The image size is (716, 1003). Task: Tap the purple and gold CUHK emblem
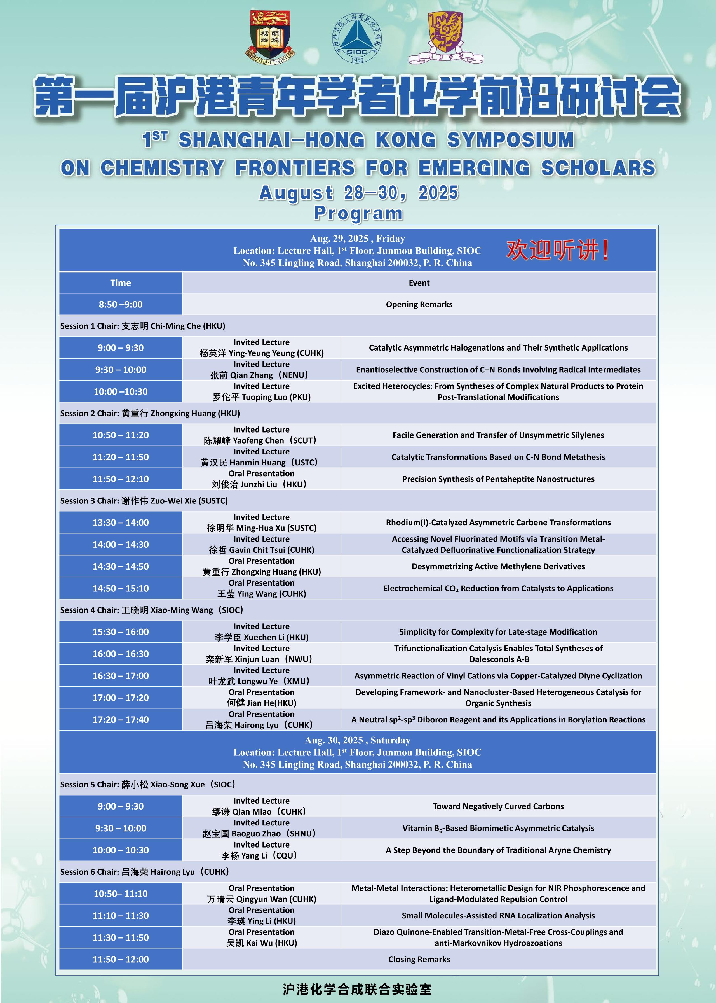pos(445,38)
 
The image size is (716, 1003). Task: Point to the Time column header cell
pos(120,283)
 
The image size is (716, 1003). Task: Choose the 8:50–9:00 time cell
pos(120,304)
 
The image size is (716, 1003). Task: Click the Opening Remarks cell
pos(419,304)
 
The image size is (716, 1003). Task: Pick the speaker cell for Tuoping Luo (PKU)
pos(261,392)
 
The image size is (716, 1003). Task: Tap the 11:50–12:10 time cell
pos(120,479)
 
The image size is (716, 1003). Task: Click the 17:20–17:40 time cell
pos(120,720)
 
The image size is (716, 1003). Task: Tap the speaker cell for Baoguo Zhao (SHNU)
pos(261,828)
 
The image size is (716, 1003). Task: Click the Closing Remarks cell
pos(419,959)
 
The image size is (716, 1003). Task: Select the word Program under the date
pos(358,214)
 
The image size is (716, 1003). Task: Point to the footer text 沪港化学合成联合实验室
pos(357,989)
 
